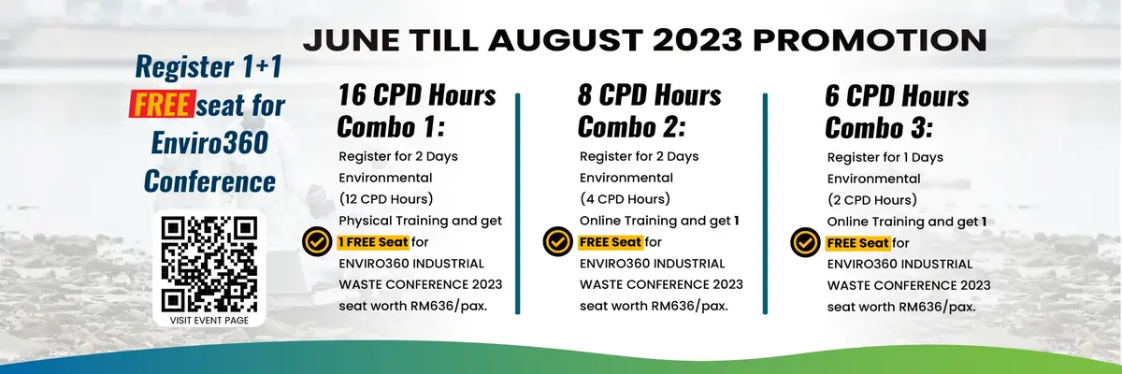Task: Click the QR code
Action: pos(209,264)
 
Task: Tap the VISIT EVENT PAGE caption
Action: pos(209,321)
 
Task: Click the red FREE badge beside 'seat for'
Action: pos(162,105)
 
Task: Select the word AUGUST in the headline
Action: pos(566,40)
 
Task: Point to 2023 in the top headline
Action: pos(698,40)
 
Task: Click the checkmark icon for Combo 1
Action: pos(317,242)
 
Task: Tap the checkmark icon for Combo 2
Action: pos(557,242)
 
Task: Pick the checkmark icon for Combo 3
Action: pos(805,243)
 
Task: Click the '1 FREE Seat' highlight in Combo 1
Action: pos(373,242)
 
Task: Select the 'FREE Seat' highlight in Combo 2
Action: pos(611,242)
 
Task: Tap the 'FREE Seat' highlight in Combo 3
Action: pos(858,243)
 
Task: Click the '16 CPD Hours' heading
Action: pos(417,95)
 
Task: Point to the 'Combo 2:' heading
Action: pos(632,126)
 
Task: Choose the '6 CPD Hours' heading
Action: pos(897,95)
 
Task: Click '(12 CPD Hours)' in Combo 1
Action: pos(386,199)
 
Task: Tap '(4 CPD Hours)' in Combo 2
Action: pos(626,199)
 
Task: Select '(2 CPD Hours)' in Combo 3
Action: pos(872,200)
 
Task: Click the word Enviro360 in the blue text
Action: pos(209,142)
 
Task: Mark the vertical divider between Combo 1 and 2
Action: pos(517,203)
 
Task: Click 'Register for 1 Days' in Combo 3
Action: pos(885,158)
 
